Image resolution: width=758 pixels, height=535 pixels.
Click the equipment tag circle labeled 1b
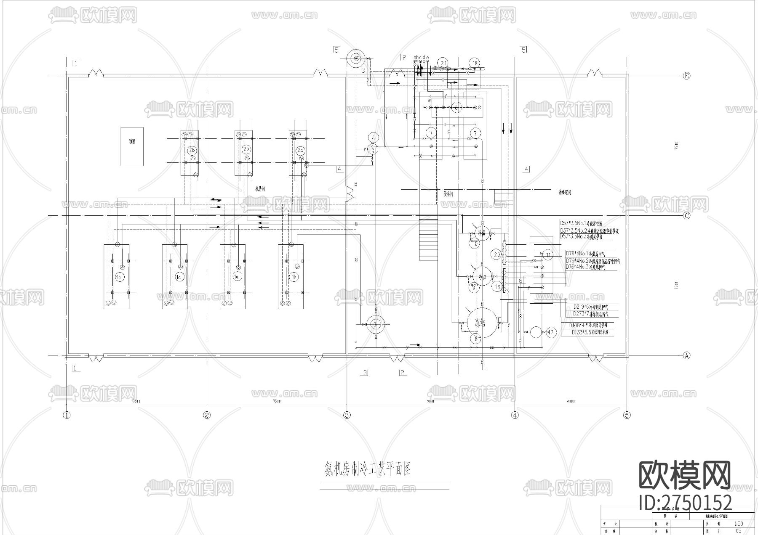[x=294, y=277]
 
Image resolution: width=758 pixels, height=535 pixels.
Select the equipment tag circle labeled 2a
[x=300, y=150]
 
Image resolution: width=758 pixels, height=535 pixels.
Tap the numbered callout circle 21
[x=443, y=63]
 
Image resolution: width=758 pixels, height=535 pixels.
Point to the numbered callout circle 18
[x=475, y=64]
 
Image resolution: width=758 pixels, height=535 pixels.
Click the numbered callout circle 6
[x=456, y=108]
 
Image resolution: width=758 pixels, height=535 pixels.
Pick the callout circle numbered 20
[x=497, y=254]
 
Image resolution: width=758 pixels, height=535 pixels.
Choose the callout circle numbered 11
[x=548, y=254]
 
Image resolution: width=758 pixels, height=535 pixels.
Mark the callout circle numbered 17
[x=550, y=332]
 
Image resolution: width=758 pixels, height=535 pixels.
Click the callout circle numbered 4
[x=374, y=137]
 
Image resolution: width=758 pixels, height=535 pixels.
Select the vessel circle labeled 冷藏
[x=480, y=233]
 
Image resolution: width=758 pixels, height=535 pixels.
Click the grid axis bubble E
[x=686, y=76]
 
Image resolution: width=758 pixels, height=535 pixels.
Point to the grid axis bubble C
[x=686, y=216]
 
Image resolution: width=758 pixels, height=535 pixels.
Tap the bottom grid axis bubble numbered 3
[x=347, y=415]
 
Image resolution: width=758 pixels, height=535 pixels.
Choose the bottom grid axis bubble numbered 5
[x=627, y=415]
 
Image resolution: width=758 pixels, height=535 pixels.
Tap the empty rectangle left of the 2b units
[x=132, y=146]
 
